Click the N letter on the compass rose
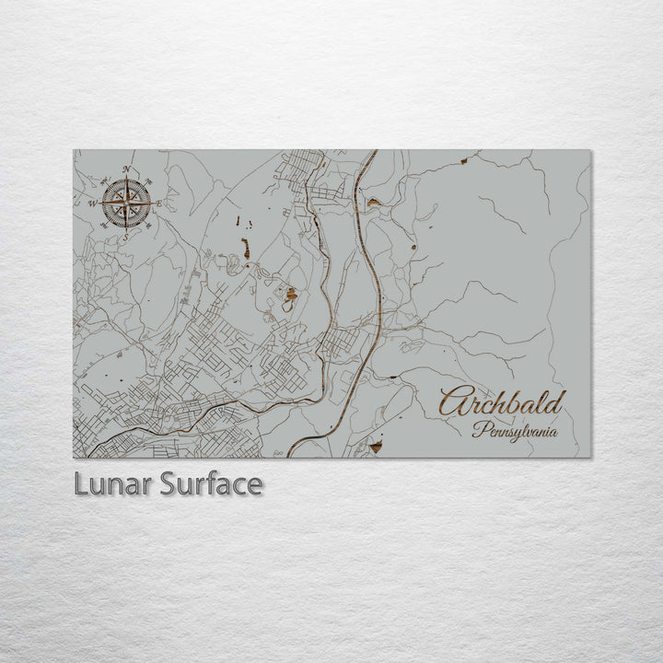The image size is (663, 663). coord(126,169)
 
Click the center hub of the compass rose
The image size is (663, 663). coord(126,203)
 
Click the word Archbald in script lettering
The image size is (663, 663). coord(502,403)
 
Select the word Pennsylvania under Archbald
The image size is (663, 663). coord(515,429)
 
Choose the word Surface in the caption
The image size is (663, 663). coord(211,484)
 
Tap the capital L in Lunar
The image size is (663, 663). coord(81,484)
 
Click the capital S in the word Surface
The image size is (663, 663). coord(168,484)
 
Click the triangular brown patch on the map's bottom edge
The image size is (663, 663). coord(375,448)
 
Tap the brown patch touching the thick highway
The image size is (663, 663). coord(372,202)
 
